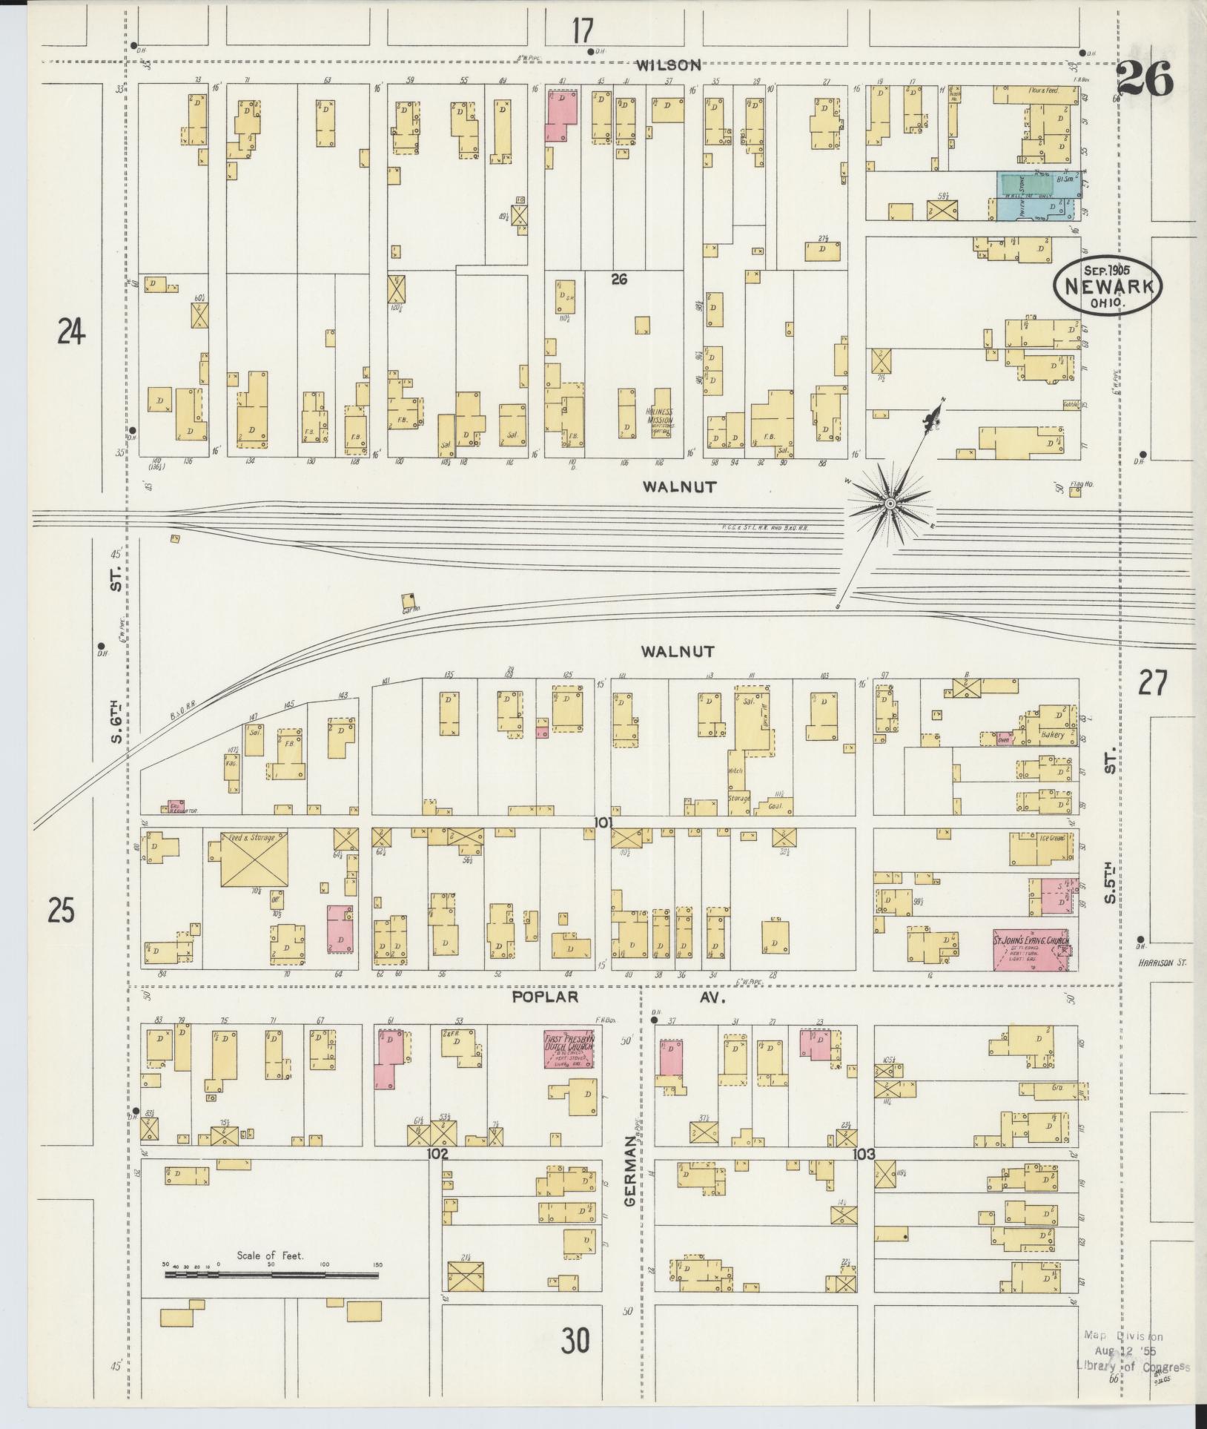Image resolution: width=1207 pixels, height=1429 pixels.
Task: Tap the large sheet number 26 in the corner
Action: pos(1145,79)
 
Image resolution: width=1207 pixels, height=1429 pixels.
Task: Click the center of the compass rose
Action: pos(889,504)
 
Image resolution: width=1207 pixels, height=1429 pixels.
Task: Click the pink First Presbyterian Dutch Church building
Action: pos(569,1049)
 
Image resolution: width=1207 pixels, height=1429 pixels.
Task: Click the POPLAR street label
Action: pos(545,997)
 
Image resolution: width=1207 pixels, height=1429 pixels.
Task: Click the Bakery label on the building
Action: pos(1052,735)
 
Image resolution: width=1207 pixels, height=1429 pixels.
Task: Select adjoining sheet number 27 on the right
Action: pos(1153,682)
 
